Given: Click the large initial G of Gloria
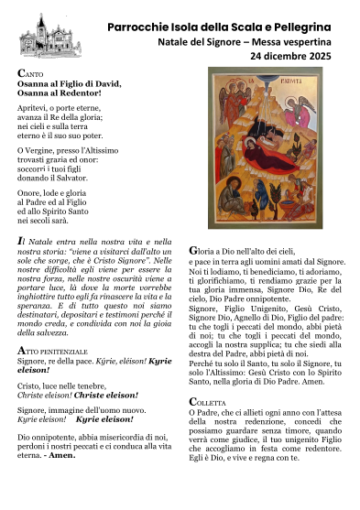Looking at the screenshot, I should [193, 249].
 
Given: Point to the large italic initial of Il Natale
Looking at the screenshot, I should [21, 239].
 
